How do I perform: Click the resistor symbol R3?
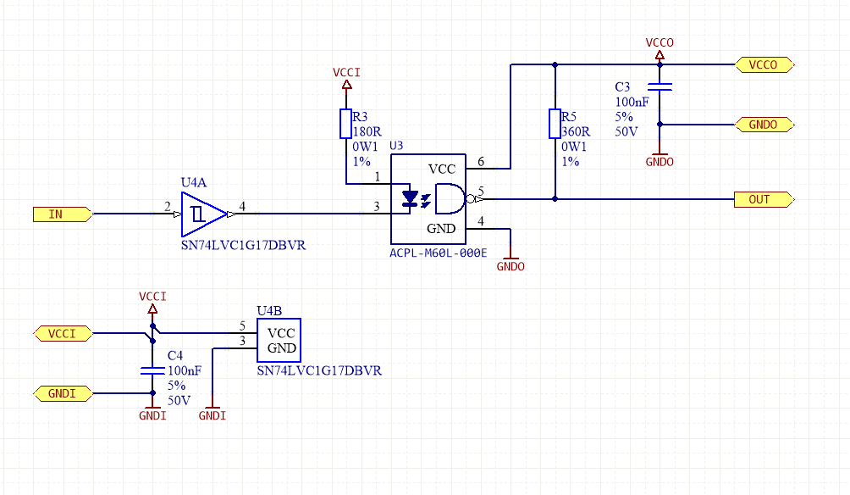coord(345,124)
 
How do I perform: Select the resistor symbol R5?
coord(555,124)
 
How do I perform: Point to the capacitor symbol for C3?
coord(660,86)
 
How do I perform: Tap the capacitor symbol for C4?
coord(152,370)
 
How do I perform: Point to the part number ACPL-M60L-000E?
coord(439,253)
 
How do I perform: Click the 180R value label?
coord(367,131)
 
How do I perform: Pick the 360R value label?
coord(577,131)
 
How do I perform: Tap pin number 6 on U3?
coord(481,161)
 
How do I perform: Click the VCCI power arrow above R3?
coord(345,85)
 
